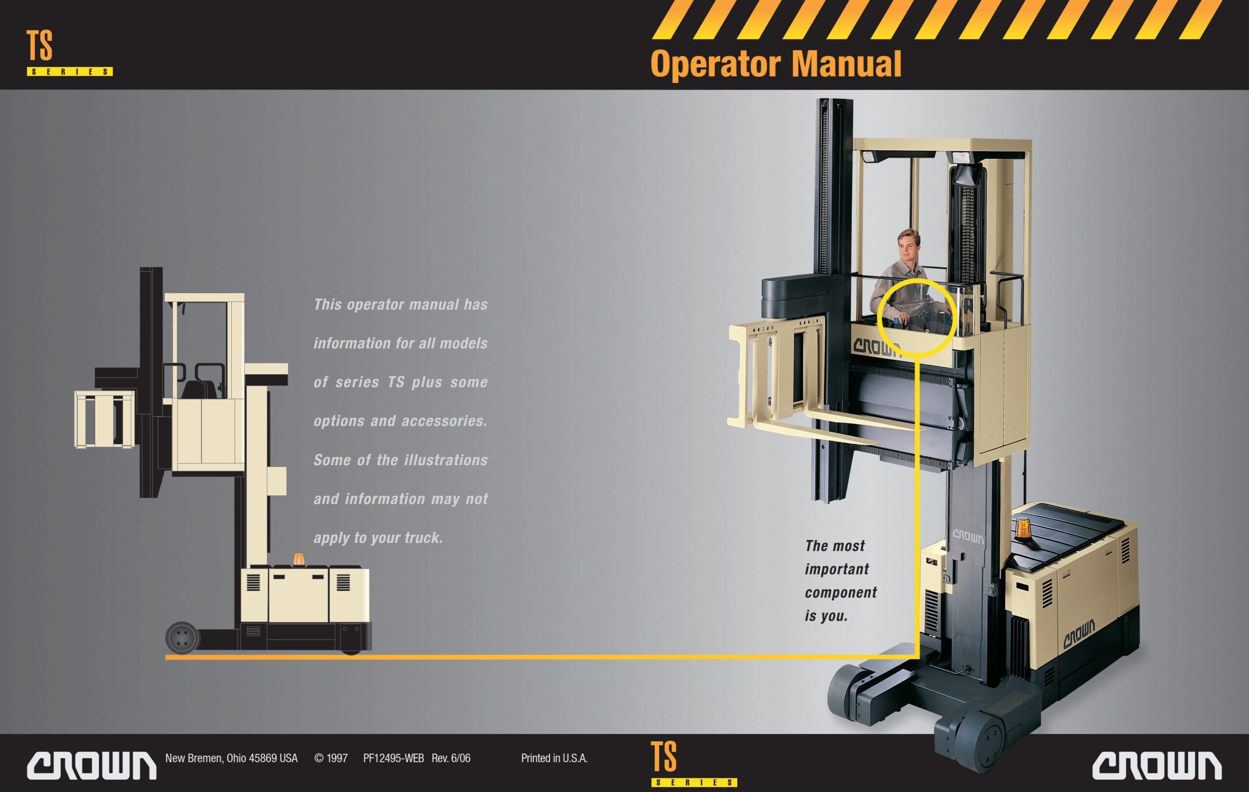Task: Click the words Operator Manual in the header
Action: point(775,64)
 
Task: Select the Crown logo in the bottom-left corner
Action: point(91,765)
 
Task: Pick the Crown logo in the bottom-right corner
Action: point(1156,765)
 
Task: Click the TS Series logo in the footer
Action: point(693,764)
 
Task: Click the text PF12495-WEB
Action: point(393,758)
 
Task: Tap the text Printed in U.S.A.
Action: point(554,758)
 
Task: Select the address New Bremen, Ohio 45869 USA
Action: point(231,758)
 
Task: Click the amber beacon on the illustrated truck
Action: point(300,560)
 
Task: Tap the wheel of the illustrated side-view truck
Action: point(182,637)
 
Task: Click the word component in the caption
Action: point(840,593)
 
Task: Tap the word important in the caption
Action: point(836,569)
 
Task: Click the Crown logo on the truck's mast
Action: point(968,537)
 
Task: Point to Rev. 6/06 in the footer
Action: point(451,758)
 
